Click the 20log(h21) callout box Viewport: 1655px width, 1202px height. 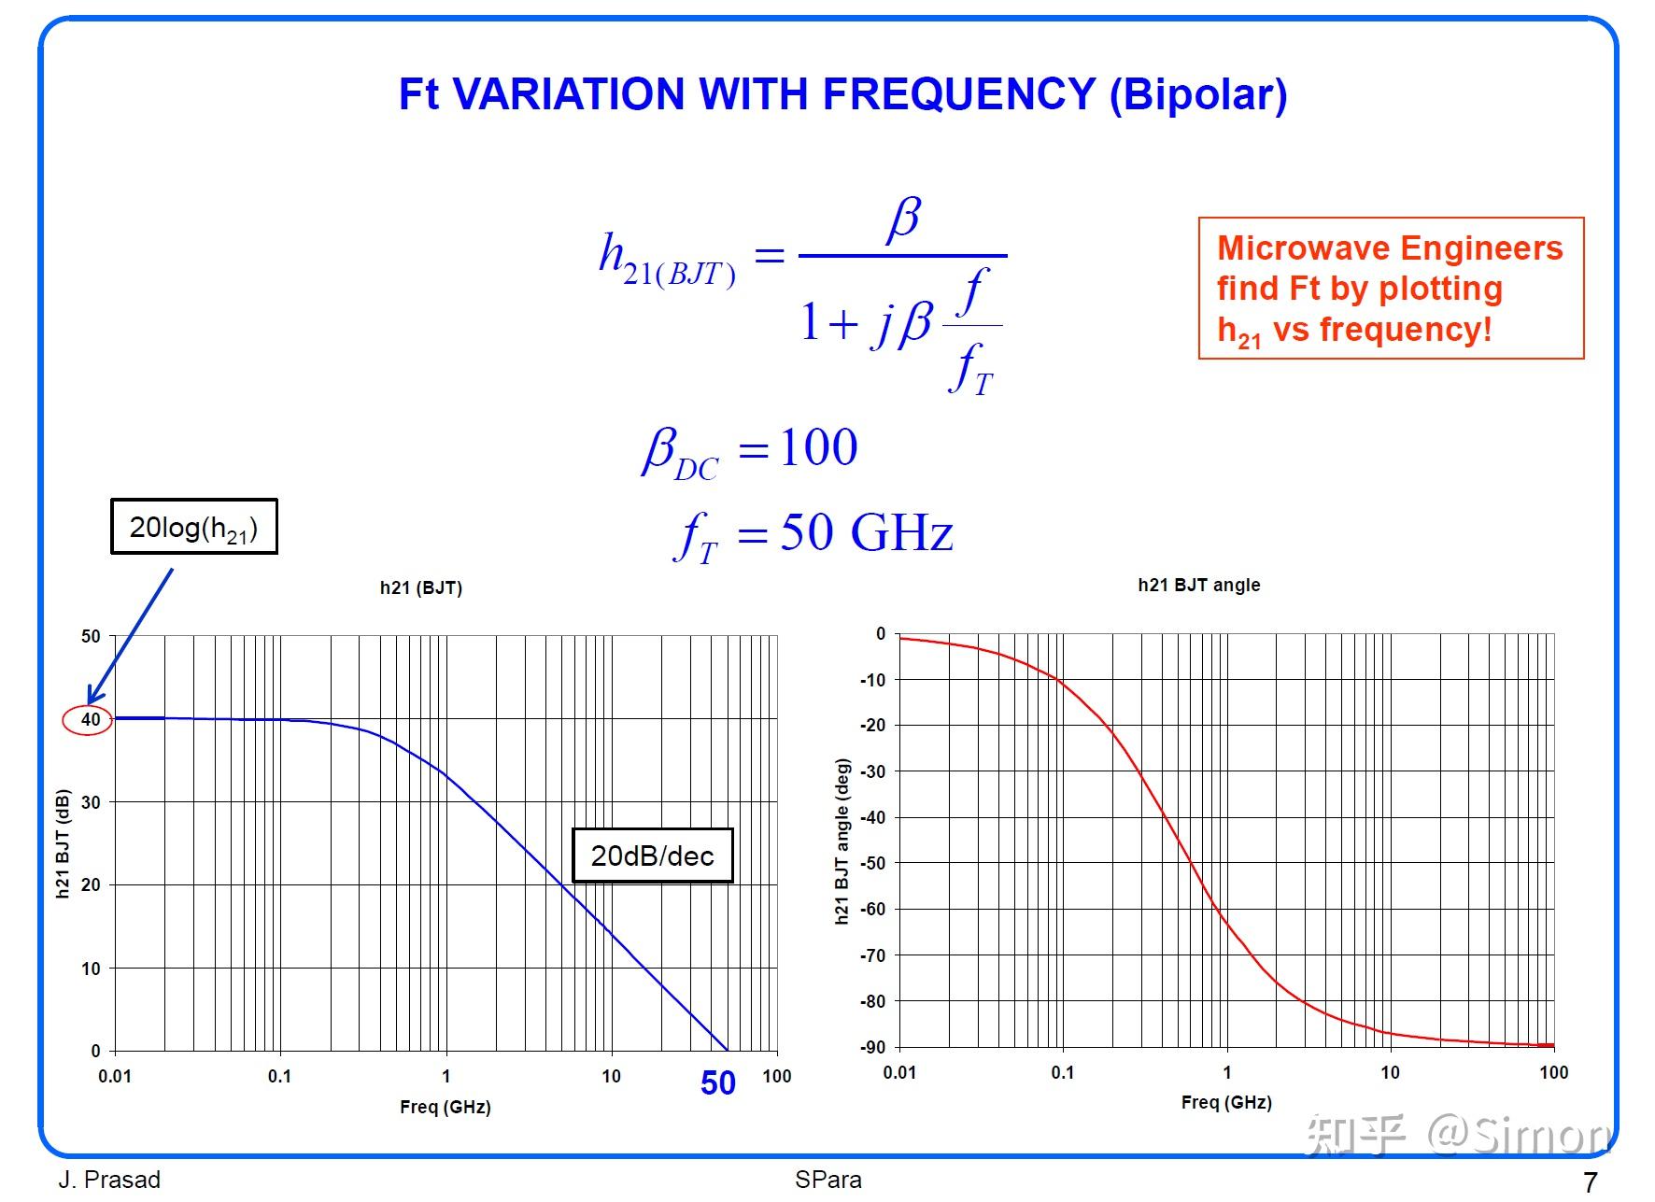pos(193,527)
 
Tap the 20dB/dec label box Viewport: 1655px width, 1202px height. pos(652,856)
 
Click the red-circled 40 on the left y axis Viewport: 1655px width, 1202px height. pos(89,720)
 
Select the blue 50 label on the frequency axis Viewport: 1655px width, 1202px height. pos(717,1083)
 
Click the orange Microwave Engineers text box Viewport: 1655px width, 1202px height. pos(1390,289)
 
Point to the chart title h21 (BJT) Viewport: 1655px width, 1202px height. pos(420,587)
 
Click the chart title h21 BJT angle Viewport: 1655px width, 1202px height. pos(1198,585)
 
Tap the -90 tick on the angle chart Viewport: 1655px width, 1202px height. pos(872,1048)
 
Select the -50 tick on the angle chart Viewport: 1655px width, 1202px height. pos(872,863)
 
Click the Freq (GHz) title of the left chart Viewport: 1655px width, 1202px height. pos(445,1107)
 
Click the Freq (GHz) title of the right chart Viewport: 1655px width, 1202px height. pos(1225,1102)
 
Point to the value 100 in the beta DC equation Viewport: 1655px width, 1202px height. pos(818,447)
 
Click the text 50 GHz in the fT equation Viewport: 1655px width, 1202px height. pos(866,532)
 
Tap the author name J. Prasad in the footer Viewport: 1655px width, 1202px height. pos(109,1180)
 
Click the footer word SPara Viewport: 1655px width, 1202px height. pos(827,1180)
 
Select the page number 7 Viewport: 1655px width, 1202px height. pos(1590,1181)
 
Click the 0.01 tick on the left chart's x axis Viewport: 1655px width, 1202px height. pos(115,1076)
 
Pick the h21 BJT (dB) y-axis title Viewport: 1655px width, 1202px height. pos(63,844)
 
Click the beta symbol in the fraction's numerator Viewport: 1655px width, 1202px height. pos(903,219)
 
